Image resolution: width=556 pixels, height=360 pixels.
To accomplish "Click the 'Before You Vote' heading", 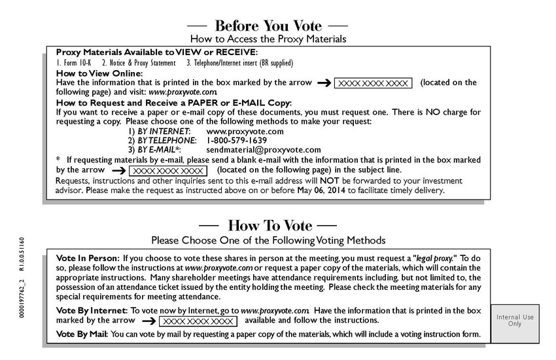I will pos(268,26).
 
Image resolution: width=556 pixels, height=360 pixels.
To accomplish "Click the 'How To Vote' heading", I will pos(268,225).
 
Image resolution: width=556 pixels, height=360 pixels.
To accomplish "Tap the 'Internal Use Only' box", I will pos(515,320).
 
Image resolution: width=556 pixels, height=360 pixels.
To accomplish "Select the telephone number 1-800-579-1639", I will pos(237,140).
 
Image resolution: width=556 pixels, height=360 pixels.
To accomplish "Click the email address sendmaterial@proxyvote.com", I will pos(264,150).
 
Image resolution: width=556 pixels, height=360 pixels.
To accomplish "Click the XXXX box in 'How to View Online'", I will pos(374,83).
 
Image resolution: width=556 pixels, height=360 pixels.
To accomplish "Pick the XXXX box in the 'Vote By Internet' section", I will pos(197,321).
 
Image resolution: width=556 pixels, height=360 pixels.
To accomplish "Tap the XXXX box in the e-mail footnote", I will pos(167,170).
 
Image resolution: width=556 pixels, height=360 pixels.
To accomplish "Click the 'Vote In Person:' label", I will pos(88,259).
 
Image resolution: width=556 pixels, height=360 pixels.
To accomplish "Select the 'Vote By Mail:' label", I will pos(82,334).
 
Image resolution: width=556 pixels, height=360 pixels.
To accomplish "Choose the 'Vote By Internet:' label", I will pos(92,310).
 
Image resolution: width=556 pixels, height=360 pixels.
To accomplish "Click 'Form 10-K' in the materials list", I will pos(74,63).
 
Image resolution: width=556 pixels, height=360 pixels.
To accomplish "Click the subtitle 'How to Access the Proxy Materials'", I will pos(268,39).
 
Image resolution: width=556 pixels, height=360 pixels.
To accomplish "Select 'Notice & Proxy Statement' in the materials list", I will pos(139,63).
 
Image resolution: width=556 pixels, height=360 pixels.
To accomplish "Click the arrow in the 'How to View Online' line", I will pos(323,83).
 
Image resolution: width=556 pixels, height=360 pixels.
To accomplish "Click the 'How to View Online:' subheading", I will pos(99,73).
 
